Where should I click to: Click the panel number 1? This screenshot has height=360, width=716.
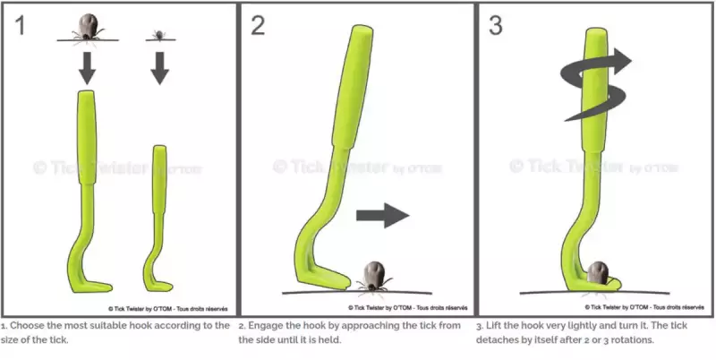20,26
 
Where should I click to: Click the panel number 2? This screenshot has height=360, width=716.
258,26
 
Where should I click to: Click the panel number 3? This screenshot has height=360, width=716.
496,26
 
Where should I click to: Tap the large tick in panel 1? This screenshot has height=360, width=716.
88,29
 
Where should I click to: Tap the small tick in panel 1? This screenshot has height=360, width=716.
159,35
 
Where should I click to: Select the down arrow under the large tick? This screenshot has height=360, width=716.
87,68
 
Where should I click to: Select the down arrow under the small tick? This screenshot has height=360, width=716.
160,68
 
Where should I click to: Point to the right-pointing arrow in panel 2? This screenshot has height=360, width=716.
382,216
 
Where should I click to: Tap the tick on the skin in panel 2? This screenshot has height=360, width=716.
374,277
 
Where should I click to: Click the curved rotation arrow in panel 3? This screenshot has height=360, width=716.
595,84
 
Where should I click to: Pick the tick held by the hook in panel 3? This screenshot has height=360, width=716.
597,273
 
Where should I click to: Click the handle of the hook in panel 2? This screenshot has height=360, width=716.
353,87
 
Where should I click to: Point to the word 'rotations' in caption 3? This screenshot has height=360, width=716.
635,340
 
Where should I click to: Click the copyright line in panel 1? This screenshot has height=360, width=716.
167,309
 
